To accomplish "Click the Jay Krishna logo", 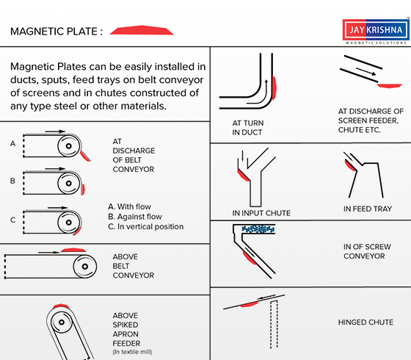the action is pos(376,32).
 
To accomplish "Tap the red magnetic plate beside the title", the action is pos(142,30).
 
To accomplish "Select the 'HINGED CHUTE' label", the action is pos(365,323).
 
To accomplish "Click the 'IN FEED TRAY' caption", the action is pos(368,209).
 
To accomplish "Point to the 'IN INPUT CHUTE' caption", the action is pos(261,213).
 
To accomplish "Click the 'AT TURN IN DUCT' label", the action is pos(248,128).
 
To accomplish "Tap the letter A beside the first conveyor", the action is pos(13,143).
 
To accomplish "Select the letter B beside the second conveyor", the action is pos(12,181).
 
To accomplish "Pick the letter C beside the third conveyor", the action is pos(12,220).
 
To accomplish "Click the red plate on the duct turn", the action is pos(274,88).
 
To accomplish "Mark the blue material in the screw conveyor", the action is pos(258,229).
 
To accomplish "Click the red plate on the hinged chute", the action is pos(250,304).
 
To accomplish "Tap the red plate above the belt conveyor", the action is pos(73,250).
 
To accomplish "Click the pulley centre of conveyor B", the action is pos(69,183).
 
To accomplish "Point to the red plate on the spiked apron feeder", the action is pos(61,306).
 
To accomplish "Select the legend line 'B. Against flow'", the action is pos(135,217).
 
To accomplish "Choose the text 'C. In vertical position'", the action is pos(146,226).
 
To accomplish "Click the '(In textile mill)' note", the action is pos(132,352).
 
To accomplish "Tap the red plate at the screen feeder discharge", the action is pos(390,86).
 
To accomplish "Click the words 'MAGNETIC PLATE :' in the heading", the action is pos(57,32).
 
